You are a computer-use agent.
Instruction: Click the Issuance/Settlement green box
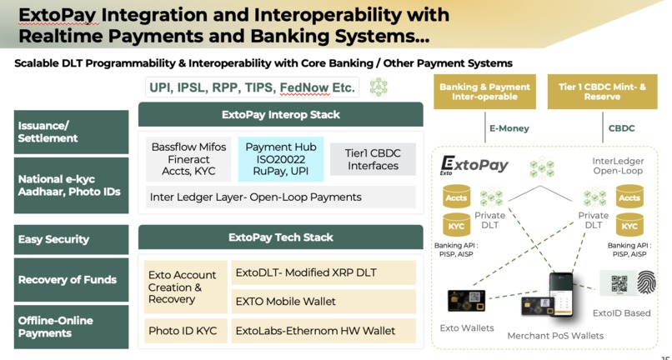72,132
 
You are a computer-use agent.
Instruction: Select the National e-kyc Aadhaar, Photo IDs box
72,185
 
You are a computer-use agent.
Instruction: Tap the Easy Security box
72,239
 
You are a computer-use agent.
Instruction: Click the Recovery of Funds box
72,280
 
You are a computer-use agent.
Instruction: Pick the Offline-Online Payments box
72,327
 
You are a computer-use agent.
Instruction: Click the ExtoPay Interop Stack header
280,114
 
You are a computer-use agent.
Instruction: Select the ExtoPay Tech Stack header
280,237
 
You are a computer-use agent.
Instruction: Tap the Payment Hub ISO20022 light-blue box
280,158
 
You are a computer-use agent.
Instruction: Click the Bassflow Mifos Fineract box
188,158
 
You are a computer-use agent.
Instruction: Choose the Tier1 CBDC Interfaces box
372,158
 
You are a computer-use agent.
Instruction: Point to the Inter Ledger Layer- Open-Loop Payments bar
280,197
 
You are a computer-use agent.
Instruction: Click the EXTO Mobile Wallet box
323,301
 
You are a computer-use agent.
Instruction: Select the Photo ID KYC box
183,331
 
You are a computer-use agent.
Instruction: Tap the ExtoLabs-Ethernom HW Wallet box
323,331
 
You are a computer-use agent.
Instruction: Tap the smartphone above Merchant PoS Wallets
559,294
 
